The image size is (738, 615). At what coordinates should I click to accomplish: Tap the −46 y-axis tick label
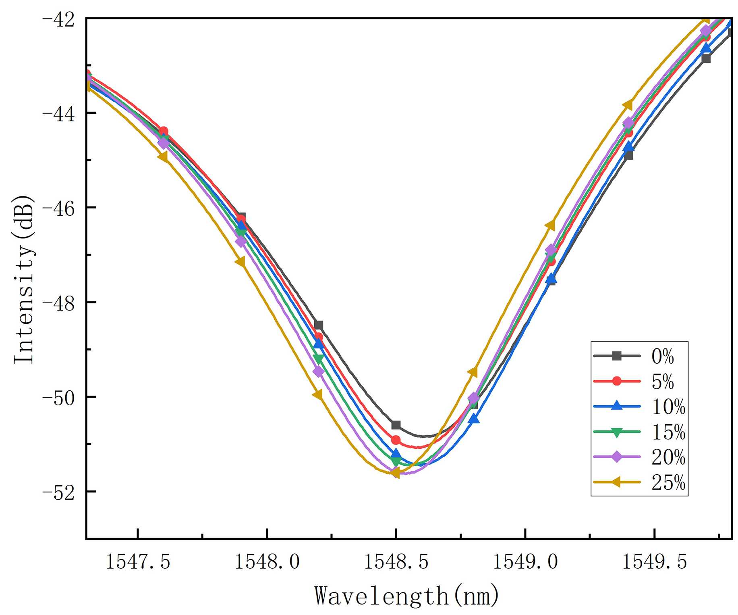[x=58, y=208]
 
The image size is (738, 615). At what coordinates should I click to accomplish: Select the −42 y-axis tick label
[x=58, y=19]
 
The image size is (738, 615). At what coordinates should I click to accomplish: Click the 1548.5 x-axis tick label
[x=396, y=561]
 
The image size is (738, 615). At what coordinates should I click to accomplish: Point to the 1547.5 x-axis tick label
[x=138, y=561]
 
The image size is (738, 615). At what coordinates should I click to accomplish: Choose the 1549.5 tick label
[x=654, y=561]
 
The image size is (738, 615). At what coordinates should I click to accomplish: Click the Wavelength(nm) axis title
[x=407, y=596]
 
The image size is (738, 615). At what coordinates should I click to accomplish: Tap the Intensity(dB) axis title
[x=24, y=279]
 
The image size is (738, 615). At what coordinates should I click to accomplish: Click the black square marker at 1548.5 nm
[x=396, y=425]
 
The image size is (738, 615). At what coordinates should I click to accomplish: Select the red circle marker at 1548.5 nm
[x=396, y=440]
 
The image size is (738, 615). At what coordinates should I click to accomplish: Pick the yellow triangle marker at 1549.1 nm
[x=551, y=225]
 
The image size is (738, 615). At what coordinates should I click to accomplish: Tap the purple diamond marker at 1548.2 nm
[x=319, y=371]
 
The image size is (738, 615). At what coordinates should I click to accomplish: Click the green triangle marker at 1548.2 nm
[x=319, y=359]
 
